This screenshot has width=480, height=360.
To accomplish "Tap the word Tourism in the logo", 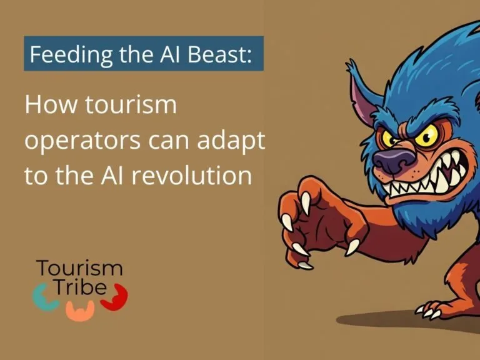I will pyautogui.click(x=79, y=269).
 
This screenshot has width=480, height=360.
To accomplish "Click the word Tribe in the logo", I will pyautogui.click(x=79, y=289).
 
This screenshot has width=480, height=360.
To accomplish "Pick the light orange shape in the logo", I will pyautogui.click(x=81, y=310).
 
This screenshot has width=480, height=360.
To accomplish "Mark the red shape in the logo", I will pyautogui.click(x=116, y=296).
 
